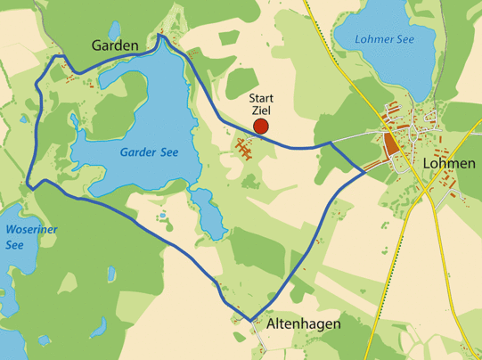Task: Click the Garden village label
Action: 115,45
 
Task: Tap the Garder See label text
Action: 149,152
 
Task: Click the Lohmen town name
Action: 450,164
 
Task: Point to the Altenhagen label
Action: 303,324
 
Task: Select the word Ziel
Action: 260,110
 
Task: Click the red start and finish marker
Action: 261,127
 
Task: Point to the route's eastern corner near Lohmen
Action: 365,170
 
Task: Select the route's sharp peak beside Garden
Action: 160,36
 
